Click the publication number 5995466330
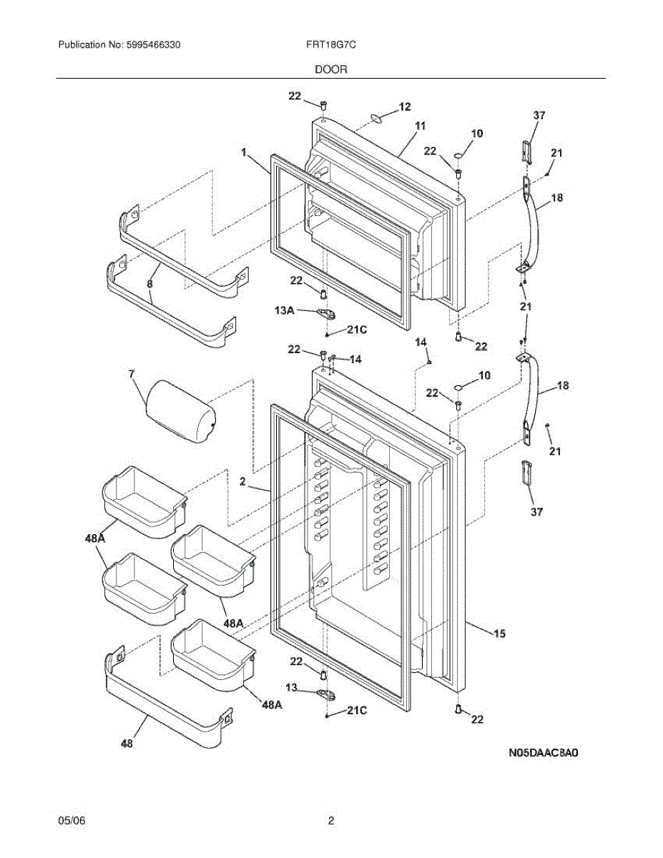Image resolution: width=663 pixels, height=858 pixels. point(153,45)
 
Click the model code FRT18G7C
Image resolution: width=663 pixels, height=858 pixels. point(331,45)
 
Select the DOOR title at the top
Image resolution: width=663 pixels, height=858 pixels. point(331,70)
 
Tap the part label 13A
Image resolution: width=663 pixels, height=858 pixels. point(285,310)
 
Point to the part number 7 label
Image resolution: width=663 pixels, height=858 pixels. point(132,375)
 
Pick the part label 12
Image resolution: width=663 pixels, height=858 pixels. point(405,107)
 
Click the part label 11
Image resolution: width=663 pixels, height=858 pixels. point(421,126)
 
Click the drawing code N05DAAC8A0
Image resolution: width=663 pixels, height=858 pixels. point(544,753)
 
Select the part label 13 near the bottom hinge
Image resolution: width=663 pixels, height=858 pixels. point(291,688)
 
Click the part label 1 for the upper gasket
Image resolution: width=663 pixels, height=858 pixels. point(244,152)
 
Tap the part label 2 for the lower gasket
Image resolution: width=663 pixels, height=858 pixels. point(242,481)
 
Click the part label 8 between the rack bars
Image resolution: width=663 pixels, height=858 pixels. point(149,283)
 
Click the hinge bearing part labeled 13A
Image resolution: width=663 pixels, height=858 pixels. point(328,315)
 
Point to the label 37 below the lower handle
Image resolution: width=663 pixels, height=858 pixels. point(536,512)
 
